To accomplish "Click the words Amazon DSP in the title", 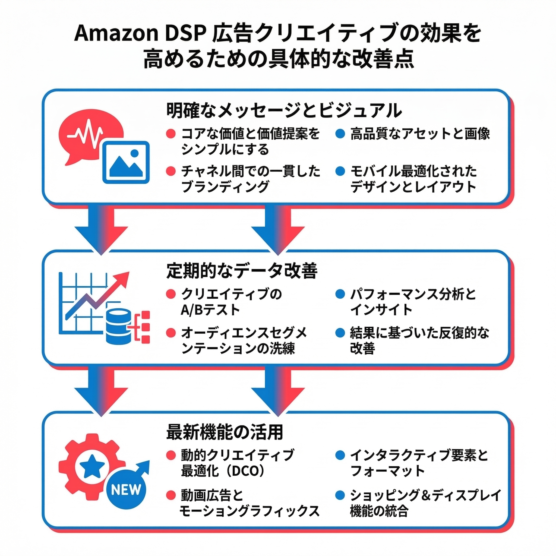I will click(x=140, y=34).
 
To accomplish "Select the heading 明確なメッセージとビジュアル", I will click(x=284, y=110).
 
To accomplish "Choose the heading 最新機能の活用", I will click(x=225, y=432).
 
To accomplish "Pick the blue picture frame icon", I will click(x=126, y=162).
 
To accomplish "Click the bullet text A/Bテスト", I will click(x=210, y=310).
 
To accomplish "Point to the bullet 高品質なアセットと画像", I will click(x=420, y=134).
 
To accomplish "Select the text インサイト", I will click(x=381, y=310).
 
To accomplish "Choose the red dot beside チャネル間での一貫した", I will click(x=171, y=171).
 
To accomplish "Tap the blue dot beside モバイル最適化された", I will click(x=340, y=171).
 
